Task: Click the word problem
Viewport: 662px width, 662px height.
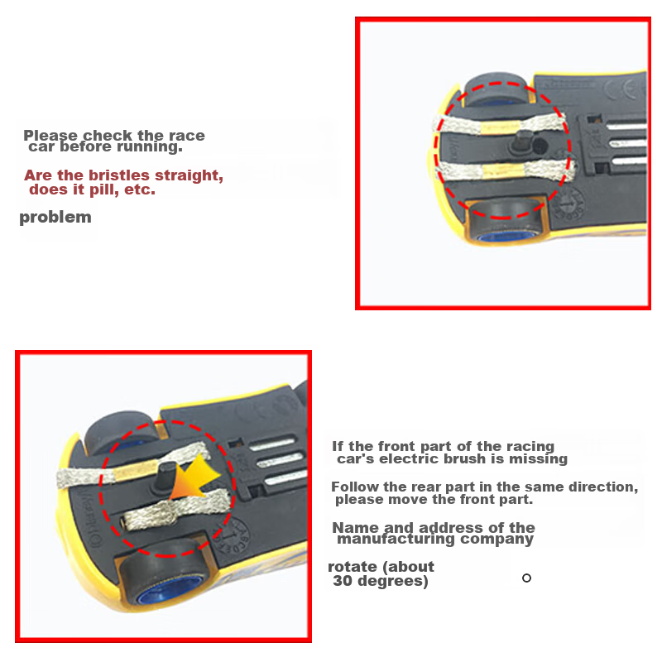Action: point(55,218)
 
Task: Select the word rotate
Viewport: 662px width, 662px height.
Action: point(353,567)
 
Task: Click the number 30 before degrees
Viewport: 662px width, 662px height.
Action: point(344,581)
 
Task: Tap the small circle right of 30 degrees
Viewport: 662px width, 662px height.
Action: point(526,578)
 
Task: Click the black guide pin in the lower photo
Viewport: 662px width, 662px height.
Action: point(163,477)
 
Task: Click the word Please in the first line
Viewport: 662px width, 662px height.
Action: point(50,136)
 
